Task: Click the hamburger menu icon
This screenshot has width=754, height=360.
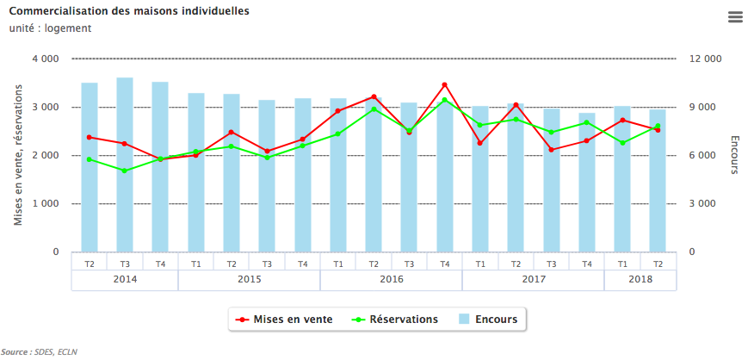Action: tap(734, 17)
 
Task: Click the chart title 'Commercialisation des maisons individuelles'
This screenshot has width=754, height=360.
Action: tap(129, 11)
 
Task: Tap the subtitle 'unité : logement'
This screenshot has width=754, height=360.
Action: tap(50, 28)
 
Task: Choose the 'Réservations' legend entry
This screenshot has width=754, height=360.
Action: tap(396, 320)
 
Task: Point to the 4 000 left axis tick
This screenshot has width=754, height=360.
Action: tap(45, 59)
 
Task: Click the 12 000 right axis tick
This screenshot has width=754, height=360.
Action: tap(705, 59)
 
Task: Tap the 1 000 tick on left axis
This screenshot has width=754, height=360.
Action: tap(45, 204)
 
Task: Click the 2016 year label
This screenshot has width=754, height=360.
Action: tap(391, 280)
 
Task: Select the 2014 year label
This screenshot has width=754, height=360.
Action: tap(125, 280)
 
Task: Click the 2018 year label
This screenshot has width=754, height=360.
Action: tap(640, 280)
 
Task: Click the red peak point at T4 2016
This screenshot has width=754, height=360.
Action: tap(444, 85)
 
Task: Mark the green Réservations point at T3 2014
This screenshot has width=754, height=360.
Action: tap(125, 171)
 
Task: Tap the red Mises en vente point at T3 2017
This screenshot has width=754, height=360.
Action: tap(551, 150)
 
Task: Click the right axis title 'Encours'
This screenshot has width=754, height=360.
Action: tap(734, 155)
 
